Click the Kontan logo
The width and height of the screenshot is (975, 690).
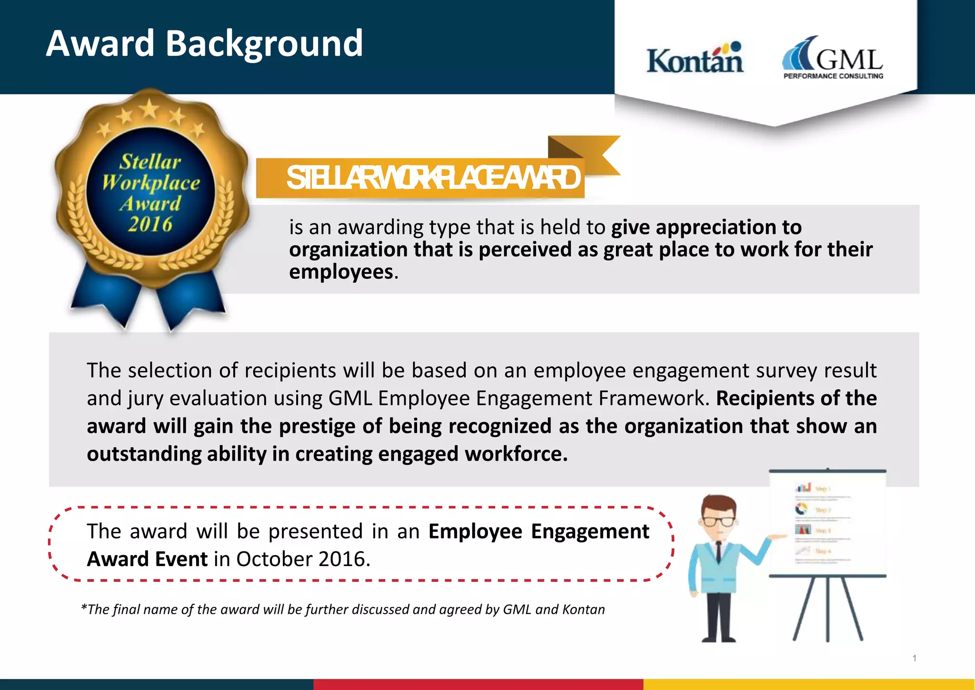pyautogui.click(x=695, y=60)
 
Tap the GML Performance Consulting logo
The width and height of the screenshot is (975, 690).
pyautogui.click(x=833, y=58)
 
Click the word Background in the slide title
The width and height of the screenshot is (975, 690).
pyautogui.click(x=264, y=44)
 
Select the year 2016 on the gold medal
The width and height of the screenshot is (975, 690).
pyautogui.click(x=150, y=224)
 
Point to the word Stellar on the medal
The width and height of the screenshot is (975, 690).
pyautogui.click(x=150, y=162)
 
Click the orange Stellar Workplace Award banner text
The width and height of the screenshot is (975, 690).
pyautogui.click(x=433, y=178)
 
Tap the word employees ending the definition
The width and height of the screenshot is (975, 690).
pyautogui.click(x=341, y=272)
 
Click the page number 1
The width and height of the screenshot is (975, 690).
pyautogui.click(x=915, y=658)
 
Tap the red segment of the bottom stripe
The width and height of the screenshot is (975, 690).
pyautogui.click(x=478, y=684)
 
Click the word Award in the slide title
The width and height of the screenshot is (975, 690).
pyautogui.click(x=100, y=44)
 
